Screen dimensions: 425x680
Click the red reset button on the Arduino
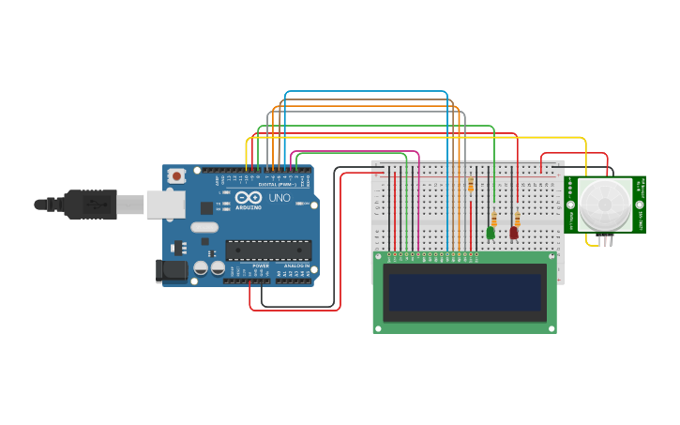point(175,175)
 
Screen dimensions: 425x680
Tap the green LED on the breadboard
point(491,232)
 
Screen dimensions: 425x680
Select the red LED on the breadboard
point(514,232)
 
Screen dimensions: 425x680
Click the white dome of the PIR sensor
point(605,205)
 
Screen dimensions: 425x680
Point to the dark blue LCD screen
point(465,293)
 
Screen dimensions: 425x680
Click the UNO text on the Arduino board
point(280,198)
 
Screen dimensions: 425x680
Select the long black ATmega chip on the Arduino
point(267,250)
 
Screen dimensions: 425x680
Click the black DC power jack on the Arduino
point(170,271)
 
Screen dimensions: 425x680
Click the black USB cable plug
point(90,204)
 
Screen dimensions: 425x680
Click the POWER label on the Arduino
point(261,266)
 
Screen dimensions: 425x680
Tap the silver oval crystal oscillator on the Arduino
point(204,227)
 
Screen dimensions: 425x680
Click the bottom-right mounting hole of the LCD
point(551,327)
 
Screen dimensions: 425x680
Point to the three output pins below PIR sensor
point(607,241)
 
